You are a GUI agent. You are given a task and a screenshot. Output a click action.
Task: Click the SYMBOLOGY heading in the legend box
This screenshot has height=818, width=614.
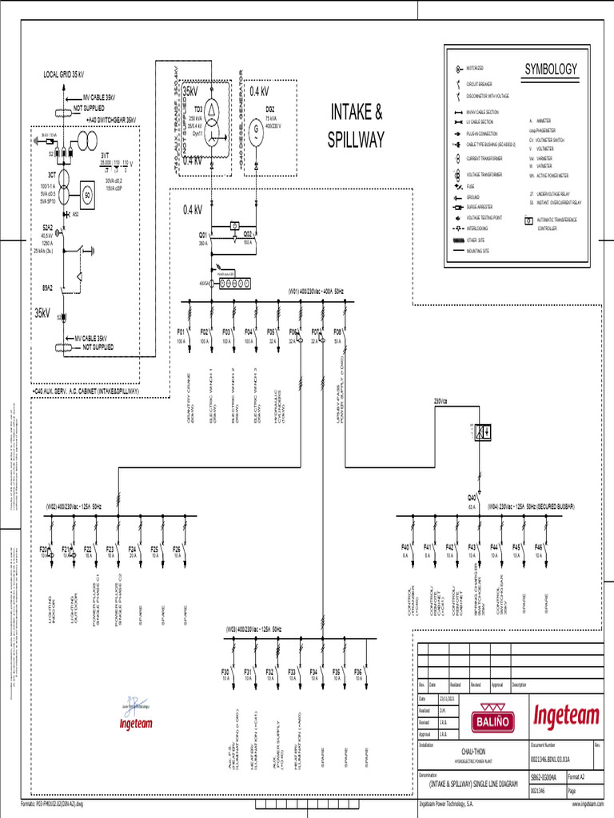[x=550, y=69]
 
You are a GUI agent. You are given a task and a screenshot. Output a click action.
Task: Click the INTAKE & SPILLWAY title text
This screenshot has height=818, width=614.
[x=357, y=125]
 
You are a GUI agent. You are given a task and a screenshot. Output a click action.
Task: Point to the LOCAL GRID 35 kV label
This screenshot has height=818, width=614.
[x=63, y=74]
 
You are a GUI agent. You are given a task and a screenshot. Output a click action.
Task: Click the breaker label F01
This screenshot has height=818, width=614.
[x=181, y=330]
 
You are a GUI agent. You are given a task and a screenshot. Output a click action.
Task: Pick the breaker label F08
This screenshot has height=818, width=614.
[x=337, y=330]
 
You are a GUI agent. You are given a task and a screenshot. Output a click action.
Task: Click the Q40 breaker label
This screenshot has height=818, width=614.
[x=472, y=498]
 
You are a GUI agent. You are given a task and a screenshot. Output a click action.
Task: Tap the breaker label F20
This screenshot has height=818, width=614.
[x=44, y=548]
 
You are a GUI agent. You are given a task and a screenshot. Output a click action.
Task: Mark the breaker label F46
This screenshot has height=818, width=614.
[x=539, y=546]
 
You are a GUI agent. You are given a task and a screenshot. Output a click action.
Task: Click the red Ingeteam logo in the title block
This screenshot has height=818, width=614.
[x=565, y=712]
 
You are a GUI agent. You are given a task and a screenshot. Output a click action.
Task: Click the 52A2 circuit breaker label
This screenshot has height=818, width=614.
[x=47, y=227]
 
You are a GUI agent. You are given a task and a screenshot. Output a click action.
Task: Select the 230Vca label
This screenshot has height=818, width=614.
[x=441, y=399]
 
